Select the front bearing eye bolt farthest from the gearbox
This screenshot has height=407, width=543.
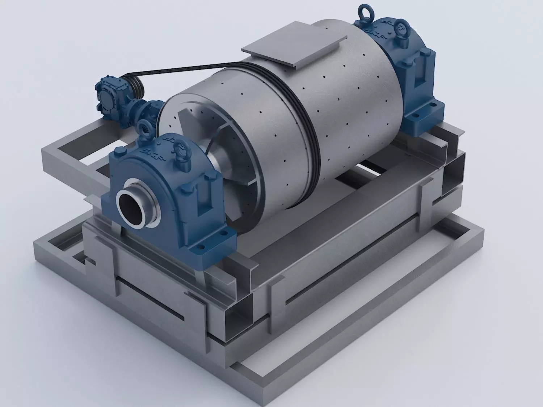179,147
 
